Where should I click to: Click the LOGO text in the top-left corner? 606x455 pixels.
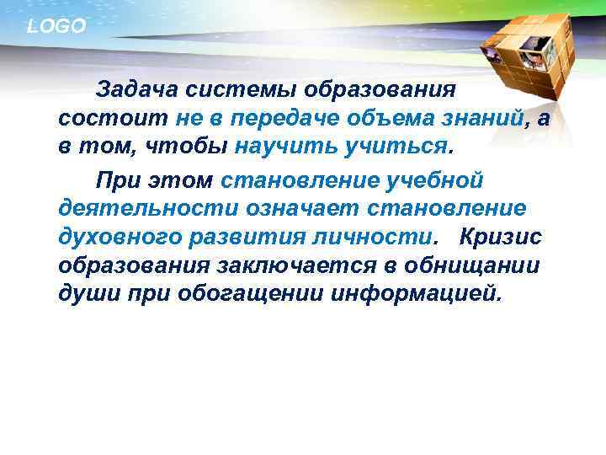pyautogui.click(x=56, y=27)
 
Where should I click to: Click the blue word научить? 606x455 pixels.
pyautogui.click(x=283, y=147)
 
